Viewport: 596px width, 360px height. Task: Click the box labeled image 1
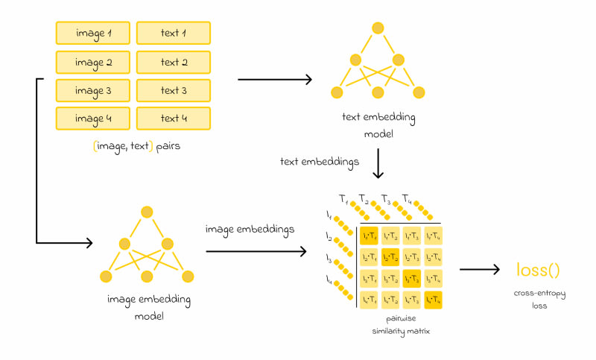[x=93, y=33]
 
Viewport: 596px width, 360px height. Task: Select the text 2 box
[x=174, y=62]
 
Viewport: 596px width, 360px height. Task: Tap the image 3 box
[x=93, y=90]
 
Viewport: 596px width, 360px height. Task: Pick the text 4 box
[x=174, y=119]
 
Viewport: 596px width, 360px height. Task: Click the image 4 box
[x=93, y=119]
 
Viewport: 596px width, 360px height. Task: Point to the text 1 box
[x=174, y=33]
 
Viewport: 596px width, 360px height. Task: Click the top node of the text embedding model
[x=378, y=28]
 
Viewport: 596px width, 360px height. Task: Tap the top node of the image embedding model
[x=148, y=211]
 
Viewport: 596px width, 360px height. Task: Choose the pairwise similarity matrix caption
[x=402, y=323]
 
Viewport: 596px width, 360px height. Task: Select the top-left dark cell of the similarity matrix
[x=370, y=236]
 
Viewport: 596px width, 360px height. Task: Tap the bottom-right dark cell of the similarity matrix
[x=433, y=300]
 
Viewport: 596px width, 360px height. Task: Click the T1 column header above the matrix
[x=343, y=199]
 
